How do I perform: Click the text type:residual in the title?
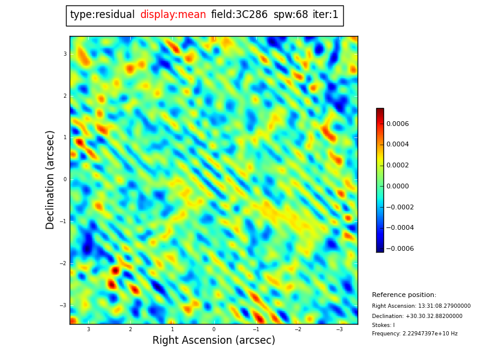point(102,15)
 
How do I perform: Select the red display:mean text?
point(173,15)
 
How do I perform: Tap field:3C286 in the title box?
point(239,15)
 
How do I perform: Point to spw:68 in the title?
point(290,15)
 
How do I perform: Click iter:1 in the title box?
point(325,15)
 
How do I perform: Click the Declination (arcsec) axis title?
point(51,179)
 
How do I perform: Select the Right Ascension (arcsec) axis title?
point(214,340)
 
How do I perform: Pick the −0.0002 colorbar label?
point(400,207)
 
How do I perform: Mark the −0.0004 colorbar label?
point(400,228)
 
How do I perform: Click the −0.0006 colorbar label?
point(400,248)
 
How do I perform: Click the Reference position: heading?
point(404,295)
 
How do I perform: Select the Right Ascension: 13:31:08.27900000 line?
point(421,306)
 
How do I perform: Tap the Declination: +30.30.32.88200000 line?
point(417,316)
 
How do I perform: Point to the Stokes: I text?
point(383,325)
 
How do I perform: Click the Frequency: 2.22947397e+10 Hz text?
point(415,334)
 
